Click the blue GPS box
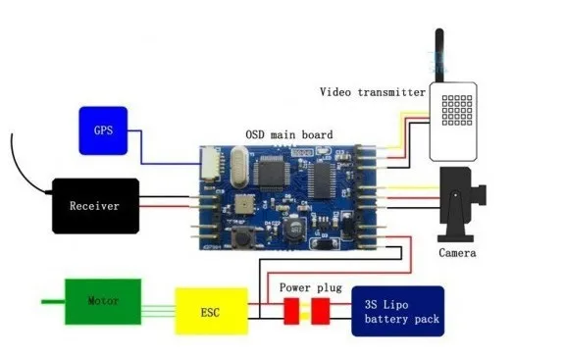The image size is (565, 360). pos(103,130)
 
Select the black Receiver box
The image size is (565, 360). pos(95,206)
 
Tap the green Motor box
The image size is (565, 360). pos(103,301)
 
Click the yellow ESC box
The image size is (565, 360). pos(212,311)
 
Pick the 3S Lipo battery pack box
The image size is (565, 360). pos(398,311)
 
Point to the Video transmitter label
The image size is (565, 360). pos(373,92)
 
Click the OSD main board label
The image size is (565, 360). pos(289,134)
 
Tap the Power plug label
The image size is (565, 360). pos(310,287)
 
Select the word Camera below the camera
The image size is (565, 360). pos(457,253)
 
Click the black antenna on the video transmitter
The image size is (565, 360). pos(439,55)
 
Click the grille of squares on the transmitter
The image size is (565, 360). pos(457,110)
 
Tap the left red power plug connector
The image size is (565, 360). pos(291,311)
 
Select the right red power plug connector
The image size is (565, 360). pos(321,311)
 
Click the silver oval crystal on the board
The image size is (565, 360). pos(238,167)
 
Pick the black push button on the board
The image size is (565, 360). pos(242,238)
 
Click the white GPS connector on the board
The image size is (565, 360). pos(209,163)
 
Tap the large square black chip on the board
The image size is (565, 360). pos(272,174)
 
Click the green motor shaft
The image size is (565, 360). pos(53,301)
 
